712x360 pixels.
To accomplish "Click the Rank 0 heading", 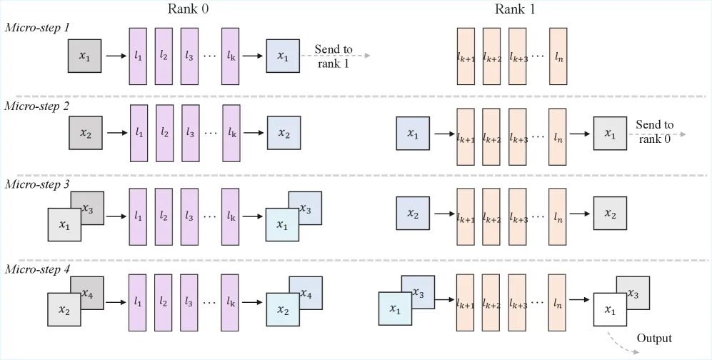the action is tap(189, 9).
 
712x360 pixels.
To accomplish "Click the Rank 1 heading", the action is tap(515, 9).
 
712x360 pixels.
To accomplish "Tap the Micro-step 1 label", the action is tap(37, 27).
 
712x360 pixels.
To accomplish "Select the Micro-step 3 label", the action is tap(37, 185).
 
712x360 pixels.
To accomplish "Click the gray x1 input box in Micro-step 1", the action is tap(84, 56).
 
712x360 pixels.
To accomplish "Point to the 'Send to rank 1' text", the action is tap(334, 56).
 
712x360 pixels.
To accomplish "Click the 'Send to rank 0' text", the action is tap(655, 131).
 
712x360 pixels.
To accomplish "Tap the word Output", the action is tap(654, 338).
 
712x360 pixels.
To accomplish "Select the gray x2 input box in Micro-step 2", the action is tap(86, 133).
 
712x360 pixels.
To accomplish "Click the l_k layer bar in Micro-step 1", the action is tap(231, 56).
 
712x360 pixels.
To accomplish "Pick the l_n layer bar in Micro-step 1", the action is tap(558, 56).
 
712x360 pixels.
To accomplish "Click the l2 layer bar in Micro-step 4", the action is tap(163, 302).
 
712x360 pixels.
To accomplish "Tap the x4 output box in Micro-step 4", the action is tap(306, 294).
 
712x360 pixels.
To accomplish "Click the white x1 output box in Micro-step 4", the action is tap(610, 309).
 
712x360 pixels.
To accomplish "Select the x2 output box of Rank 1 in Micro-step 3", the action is tap(611, 214).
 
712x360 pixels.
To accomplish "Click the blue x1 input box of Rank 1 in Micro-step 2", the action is tap(413, 134).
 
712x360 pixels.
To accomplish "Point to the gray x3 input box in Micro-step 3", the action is tap(87, 208).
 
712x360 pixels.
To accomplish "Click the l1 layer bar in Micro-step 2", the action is tap(139, 133).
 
